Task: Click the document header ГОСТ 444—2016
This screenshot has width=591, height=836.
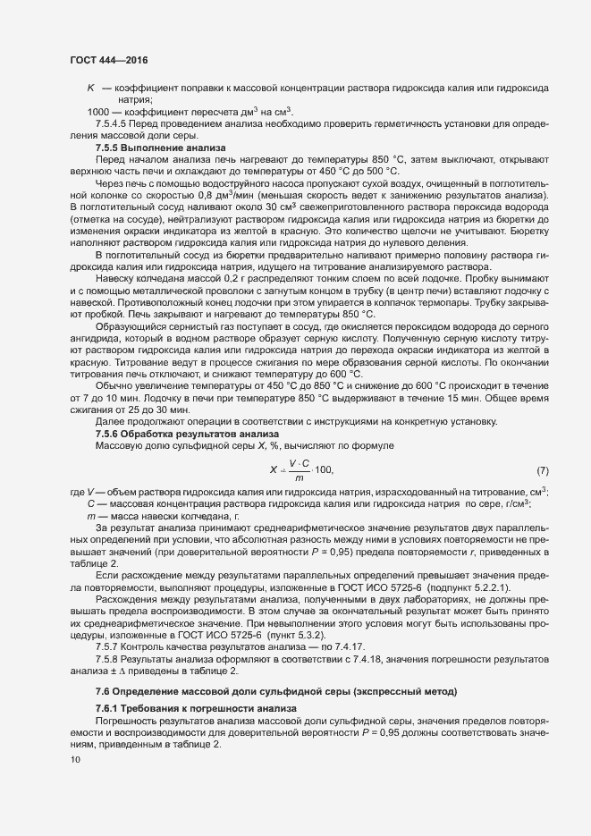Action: [x=109, y=59]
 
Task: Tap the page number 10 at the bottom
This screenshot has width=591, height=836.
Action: [x=75, y=760]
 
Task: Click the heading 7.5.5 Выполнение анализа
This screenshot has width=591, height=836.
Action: [x=161, y=147]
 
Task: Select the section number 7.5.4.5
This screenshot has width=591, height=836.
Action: [x=113, y=122]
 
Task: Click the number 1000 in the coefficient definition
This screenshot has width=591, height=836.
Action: [x=97, y=111]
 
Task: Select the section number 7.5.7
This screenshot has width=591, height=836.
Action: [x=110, y=646]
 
